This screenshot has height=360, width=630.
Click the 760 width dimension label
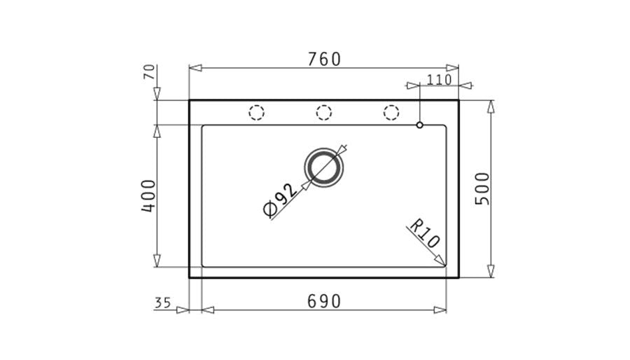[x=324, y=60]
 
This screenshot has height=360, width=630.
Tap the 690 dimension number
[x=324, y=301]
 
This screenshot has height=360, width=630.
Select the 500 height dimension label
[x=482, y=189]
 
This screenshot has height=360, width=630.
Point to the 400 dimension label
[x=148, y=195]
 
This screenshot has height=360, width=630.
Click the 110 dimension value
[x=439, y=80]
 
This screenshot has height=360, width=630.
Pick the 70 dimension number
[x=149, y=72]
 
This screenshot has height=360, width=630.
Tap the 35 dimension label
[x=162, y=303]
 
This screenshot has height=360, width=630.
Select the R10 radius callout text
[x=424, y=233]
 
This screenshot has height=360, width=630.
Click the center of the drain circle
[x=324, y=168]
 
